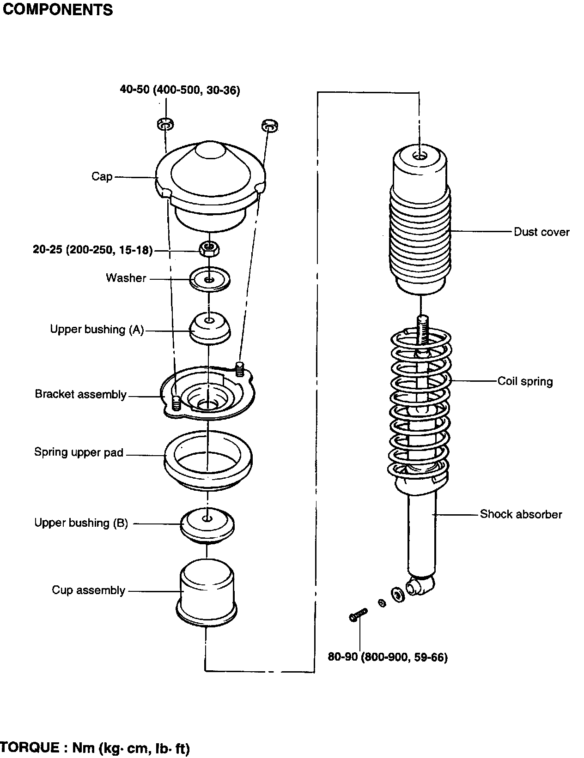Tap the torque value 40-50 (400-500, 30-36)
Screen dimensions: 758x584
pyautogui.click(x=180, y=90)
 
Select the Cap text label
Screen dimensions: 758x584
pyautogui.click(x=102, y=176)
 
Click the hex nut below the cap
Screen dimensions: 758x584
pyautogui.click(x=209, y=250)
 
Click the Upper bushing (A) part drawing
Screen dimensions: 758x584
pyautogui.click(x=210, y=328)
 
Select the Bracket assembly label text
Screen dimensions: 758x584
pyautogui.click(x=80, y=394)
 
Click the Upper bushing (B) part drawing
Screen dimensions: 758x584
pyautogui.click(x=207, y=525)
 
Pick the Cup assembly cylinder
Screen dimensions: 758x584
pyautogui.click(x=207, y=593)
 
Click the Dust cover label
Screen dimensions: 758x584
pyautogui.click(x=541, y=232)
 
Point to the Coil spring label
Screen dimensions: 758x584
pyautogui.click(x=525, y=381)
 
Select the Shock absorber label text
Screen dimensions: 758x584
pyautogui.click(x=521, y=514)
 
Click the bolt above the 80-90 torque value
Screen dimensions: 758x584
pyautogui.click(x=358, y=614)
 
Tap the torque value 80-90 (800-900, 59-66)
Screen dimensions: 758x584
pyautogui.click(x=387, y=656)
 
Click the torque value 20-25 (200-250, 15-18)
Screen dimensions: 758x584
pyautogui.click(x=92, y=250)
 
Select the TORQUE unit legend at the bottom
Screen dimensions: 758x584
pyautogui.click(x=95, y=748)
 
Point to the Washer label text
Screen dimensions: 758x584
pyautogui.click(x=126, y=278)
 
